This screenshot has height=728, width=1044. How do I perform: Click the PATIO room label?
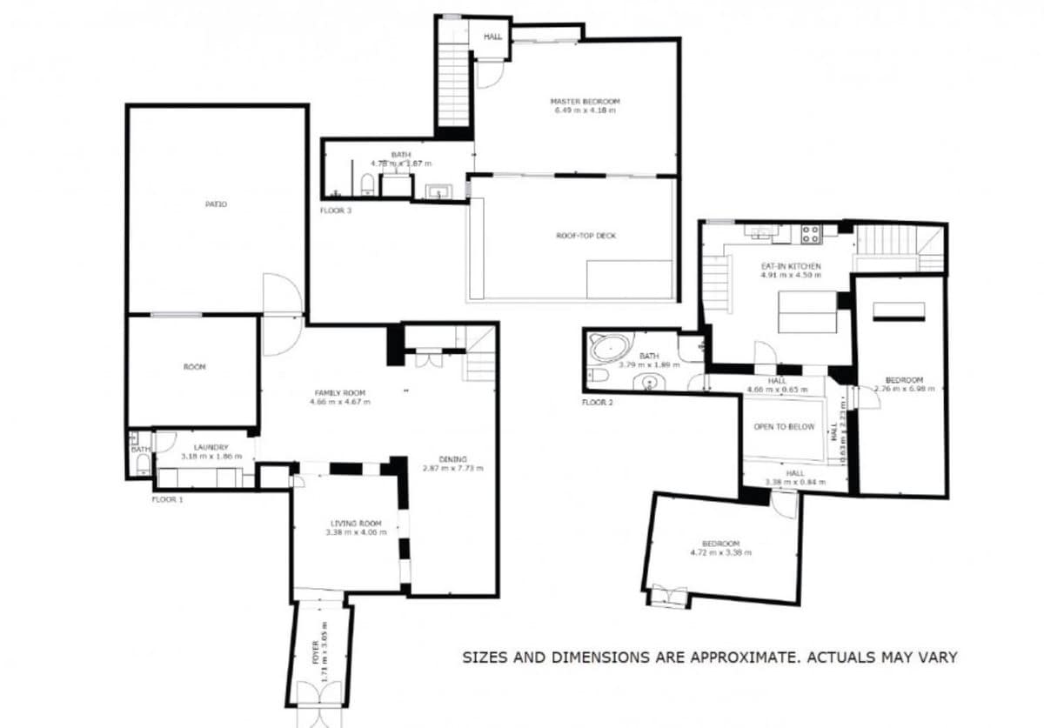[x=217, y=204]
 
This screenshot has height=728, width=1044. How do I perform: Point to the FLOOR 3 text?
[x=336, y=210]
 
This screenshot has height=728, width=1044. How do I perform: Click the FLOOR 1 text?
[x=168, y=500]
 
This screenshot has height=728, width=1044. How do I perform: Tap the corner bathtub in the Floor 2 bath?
[x=610, y=349]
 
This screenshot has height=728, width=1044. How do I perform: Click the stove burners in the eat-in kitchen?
[x=810, y=233]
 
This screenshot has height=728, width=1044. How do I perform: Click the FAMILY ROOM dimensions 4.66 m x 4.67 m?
[x=340, y=402]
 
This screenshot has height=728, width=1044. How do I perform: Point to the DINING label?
[x=452, y=459]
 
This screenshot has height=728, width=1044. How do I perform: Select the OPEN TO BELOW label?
[x=784, y=427]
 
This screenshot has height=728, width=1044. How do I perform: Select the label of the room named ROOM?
[x=194, y=367]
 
